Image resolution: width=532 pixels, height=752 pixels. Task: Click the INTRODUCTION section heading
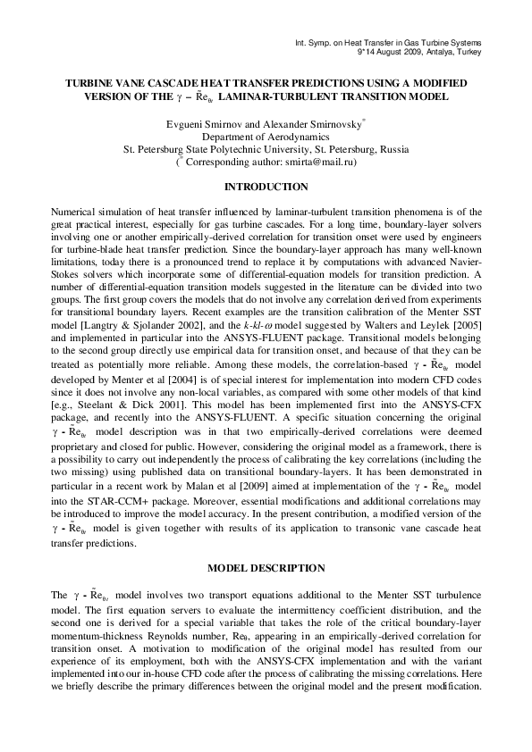[266, 187]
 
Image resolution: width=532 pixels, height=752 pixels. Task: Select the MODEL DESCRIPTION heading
[266, 568]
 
